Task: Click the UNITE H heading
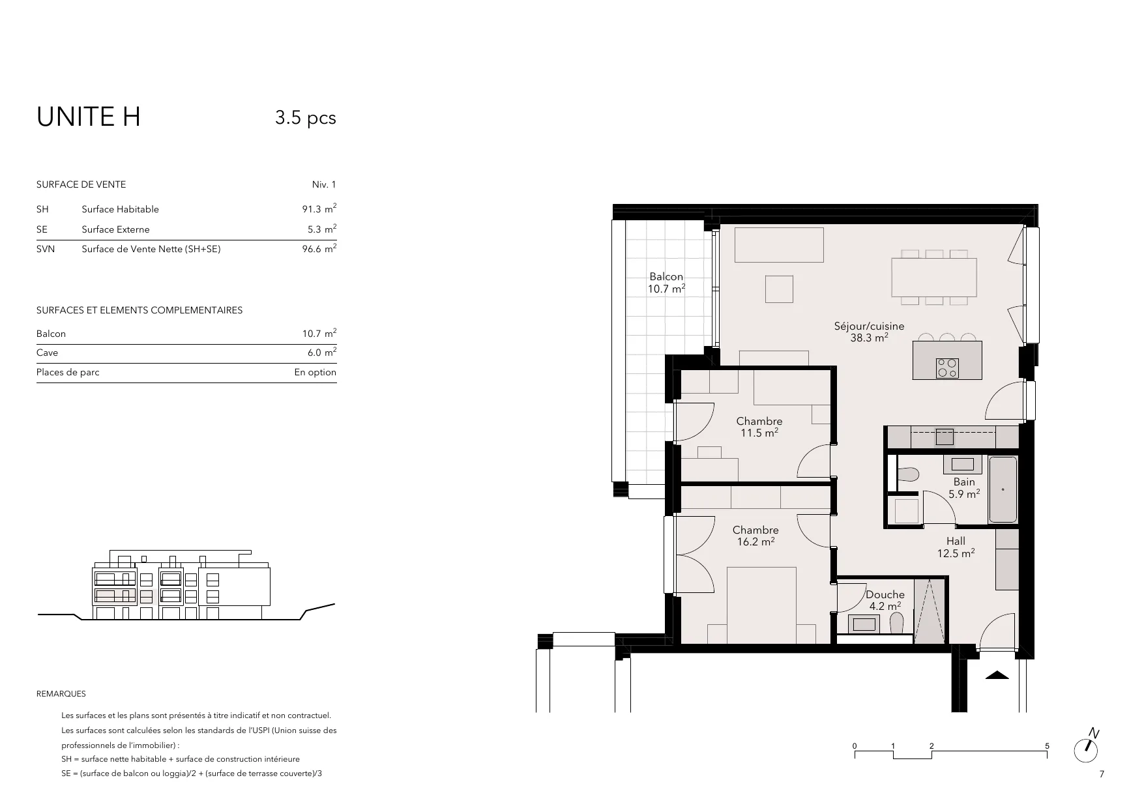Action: tap(89, 117)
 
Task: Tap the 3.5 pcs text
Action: tap(306, 118)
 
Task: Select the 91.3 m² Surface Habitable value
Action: tap(319, 209)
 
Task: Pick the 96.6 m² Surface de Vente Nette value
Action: tap(319, 248)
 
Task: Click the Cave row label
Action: tap(48, 353)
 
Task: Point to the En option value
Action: tap(315, 373)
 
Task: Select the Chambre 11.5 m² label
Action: tap(759, 427)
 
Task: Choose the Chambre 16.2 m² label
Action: tap(755, 536)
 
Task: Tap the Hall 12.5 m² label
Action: tap(956, 547)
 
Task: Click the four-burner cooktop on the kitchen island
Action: tap(947, 368)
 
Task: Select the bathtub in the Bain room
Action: tap(1003, 489)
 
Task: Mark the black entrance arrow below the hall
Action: tap(997, 675)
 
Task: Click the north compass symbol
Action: tap(1087, 747)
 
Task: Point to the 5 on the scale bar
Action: tap(1047, 746)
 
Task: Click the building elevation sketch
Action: tap(186, 585)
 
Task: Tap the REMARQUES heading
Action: tap(61, 694)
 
